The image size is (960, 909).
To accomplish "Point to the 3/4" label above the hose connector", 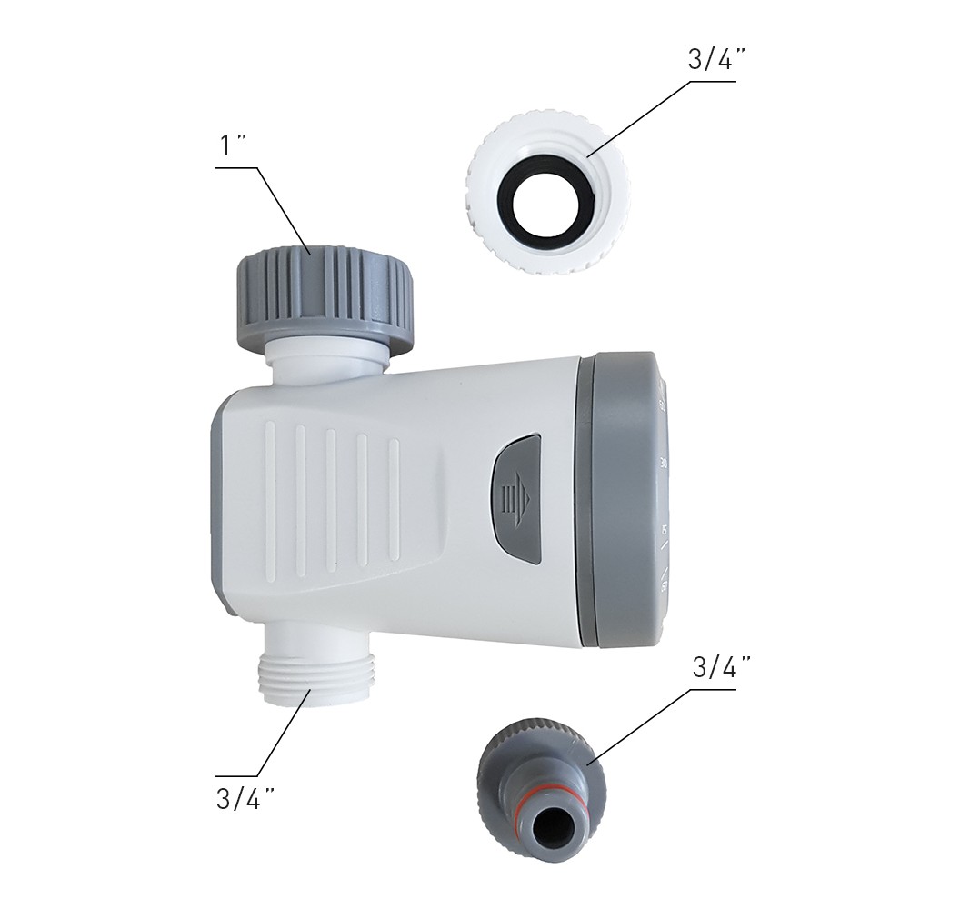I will point(723,668).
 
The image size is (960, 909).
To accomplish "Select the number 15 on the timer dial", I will point(665,529).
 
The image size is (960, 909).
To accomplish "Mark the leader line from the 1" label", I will point(284,210).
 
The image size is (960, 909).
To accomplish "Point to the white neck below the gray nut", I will point(326,362).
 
